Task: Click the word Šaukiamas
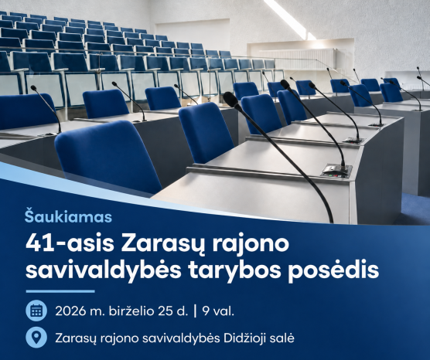tap(68, 216)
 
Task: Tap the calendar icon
tap(36, 311)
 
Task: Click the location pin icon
tap(36, 338)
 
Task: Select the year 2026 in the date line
tap(70, 311)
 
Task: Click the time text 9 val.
tap(218, 311)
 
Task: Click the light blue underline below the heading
tap(60, 291)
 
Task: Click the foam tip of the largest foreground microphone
tap(232, 100)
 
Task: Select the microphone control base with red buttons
tap(337, 170)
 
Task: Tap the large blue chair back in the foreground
tap(108, 156)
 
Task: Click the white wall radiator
tap(298, 59)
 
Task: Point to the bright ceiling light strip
tap(289, 19)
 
